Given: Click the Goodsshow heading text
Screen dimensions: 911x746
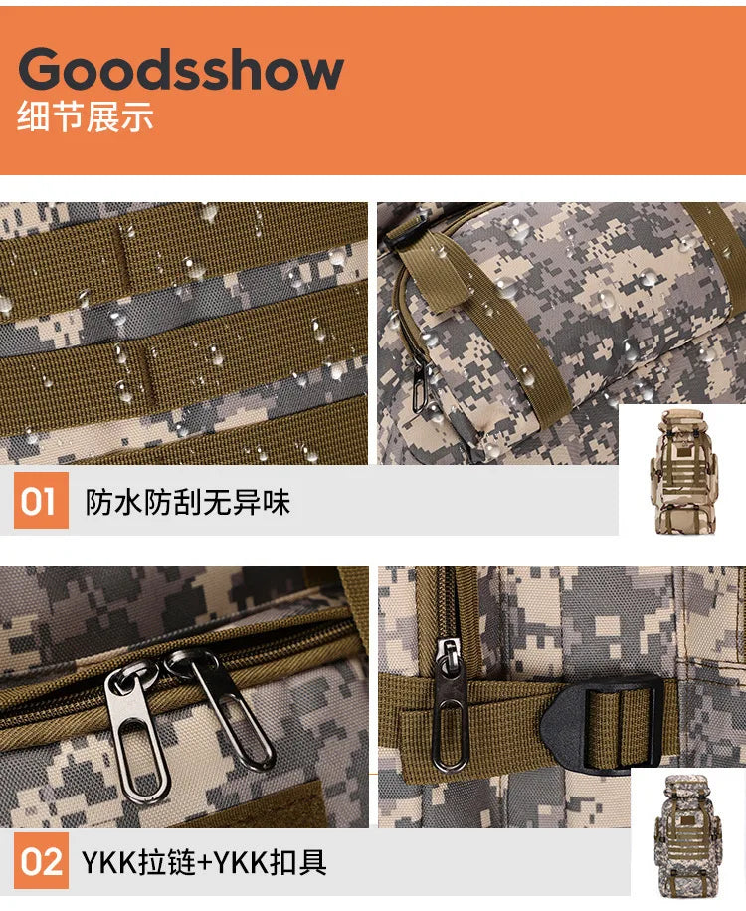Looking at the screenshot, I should point(181,70).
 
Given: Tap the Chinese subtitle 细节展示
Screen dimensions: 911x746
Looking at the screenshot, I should point(86,117).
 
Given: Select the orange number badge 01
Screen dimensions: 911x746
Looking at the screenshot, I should point(41,501).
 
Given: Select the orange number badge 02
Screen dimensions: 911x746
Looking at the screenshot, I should point(41,861).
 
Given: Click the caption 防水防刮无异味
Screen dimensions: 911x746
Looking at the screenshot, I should point(188,502).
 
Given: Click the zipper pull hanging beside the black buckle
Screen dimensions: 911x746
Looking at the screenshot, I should point(450,703).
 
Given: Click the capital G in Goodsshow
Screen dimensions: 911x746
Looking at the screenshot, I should point(44,70).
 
